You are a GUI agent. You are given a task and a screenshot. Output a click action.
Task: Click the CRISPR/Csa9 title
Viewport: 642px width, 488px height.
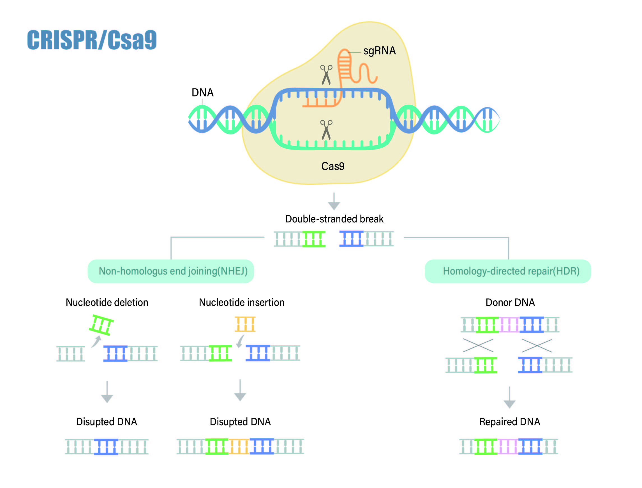tap(92, 40)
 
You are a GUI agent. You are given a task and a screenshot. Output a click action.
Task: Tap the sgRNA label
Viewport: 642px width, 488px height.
tap(379, 51)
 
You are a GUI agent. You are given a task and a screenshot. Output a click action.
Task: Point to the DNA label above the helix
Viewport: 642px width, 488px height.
tap(203, 92)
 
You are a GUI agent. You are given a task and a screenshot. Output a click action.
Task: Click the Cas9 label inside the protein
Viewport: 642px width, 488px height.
tap(333, 166)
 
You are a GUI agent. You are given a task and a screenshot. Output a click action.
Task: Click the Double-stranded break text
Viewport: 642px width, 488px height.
tap(334, 219)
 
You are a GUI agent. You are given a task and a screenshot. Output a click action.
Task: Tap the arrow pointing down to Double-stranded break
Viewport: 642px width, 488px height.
tap(334, 201)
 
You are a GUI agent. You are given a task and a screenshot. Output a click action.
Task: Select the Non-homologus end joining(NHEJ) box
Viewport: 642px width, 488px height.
tap(171, 271)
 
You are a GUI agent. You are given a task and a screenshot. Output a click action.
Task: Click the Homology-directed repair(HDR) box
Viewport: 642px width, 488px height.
tap(508, 271)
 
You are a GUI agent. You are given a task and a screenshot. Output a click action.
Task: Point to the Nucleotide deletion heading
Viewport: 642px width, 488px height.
tap(107, 302)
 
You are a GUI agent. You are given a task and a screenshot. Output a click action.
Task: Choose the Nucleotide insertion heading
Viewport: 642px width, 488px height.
tap(241, 302)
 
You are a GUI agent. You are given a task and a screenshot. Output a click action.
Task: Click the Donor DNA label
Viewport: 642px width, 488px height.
tap(510, 302)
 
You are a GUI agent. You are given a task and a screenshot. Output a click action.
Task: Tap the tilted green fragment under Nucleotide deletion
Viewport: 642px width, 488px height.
tap(101, 325)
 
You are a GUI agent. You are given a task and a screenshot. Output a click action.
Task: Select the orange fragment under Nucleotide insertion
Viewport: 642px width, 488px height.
tap(245, 324)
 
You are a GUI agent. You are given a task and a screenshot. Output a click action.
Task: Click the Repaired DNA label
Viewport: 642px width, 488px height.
tap(509, 422)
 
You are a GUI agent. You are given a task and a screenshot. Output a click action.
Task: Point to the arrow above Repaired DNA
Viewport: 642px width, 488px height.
tap(509, 397)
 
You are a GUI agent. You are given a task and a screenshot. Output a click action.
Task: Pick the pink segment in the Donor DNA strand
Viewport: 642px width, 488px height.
tap(509, 324)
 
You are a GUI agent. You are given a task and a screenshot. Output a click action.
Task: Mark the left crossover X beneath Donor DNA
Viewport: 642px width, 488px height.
tap(478, 345)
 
